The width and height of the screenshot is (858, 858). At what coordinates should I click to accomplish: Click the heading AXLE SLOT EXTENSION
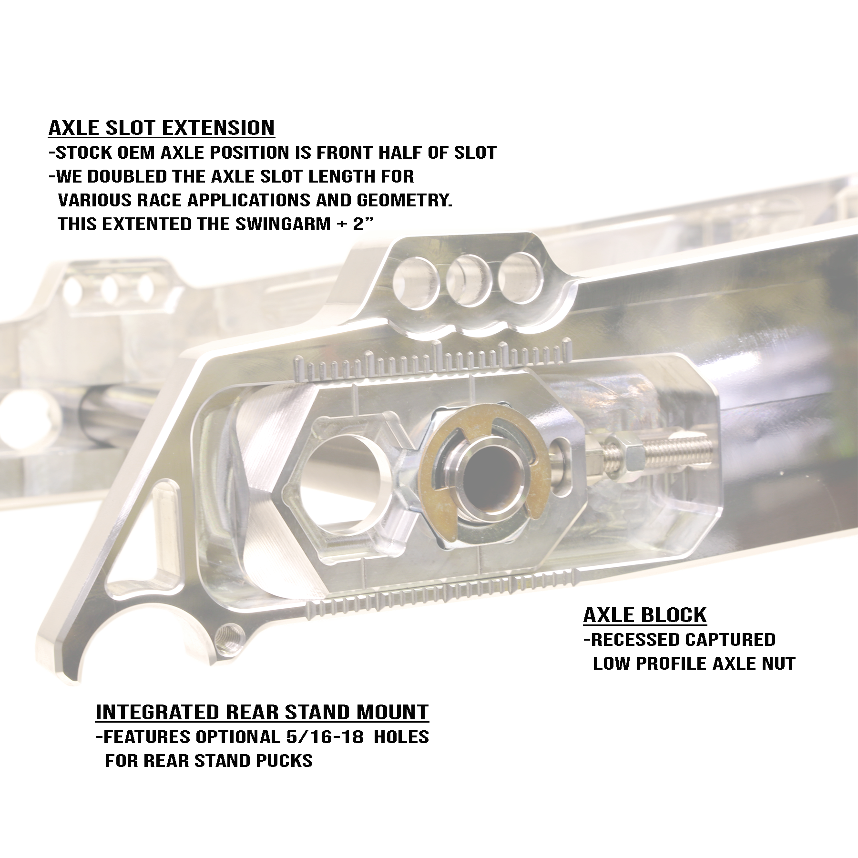(162, 128)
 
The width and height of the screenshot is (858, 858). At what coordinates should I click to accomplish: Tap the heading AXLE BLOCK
(645, 615)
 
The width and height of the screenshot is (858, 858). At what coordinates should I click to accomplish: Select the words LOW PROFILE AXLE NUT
(694, 664)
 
